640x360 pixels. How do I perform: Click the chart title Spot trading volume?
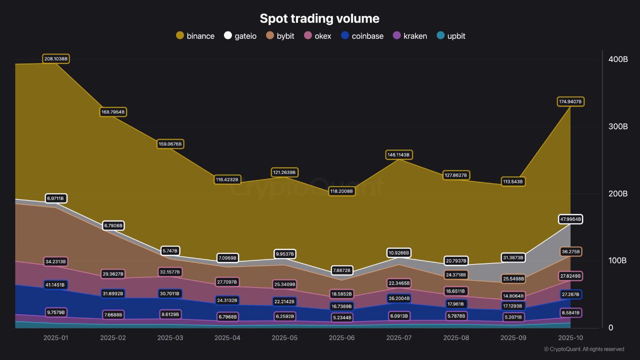319,18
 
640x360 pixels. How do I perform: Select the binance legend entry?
195,36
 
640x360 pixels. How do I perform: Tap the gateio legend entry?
240,36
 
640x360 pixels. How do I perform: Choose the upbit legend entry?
450,36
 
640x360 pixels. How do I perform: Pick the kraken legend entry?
409,36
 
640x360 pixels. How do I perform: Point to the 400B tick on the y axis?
617,59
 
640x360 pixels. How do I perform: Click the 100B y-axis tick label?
617,260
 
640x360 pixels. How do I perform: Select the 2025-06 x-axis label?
341,338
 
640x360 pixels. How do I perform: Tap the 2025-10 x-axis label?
570,338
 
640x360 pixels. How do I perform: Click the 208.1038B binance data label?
55,59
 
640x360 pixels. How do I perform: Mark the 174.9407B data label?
570,101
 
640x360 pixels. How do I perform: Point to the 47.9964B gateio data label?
570,219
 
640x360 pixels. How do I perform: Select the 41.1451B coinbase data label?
55,284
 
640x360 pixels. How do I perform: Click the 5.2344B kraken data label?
341,317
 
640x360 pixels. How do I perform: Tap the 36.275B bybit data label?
570,251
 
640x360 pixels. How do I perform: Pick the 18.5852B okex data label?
341,294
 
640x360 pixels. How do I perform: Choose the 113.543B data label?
513,181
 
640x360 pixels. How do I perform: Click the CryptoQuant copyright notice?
584,349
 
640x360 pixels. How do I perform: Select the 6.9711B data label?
55,198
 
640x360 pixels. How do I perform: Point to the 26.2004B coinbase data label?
398,298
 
